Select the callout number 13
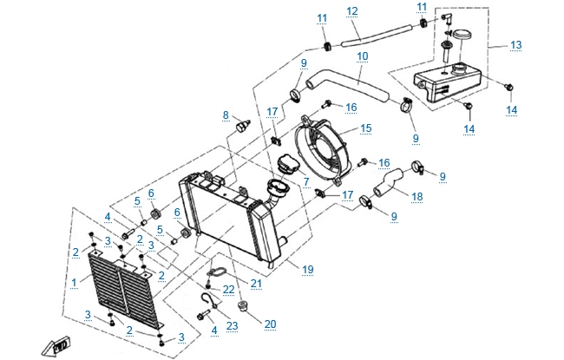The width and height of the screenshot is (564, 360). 515,44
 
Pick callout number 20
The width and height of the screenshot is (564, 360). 270,323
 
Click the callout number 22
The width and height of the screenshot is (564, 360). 229,289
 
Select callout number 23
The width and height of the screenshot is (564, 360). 232,326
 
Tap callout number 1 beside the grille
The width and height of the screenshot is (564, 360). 74,283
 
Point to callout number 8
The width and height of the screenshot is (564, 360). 226,115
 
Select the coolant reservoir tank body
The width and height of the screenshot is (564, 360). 447,83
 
